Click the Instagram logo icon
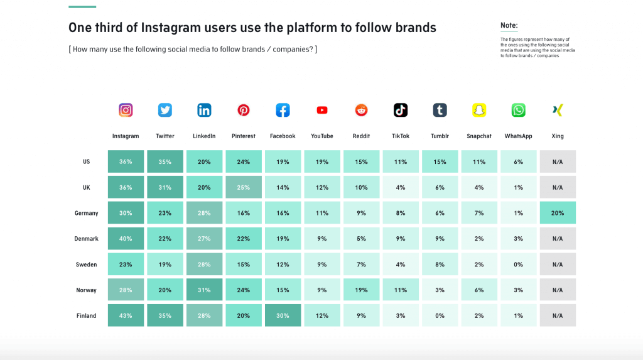click(126, 110)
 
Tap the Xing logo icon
click(558, 110)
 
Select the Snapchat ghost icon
click(479, 110)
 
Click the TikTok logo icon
click(401, 110)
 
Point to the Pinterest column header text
click(244, 136)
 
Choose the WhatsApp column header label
click(518, 136)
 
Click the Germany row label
click(87, 213)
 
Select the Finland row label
click(87, 315)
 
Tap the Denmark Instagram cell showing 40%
click(126, 239)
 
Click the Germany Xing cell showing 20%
click(558, 213)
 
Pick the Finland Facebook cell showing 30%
click(283, 315)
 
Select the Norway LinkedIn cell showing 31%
click(204, 290)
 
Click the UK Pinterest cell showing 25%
click(244, 187)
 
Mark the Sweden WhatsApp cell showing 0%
click(518, 265)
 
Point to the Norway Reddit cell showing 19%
click(361, 290)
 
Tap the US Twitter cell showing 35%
click(165, 161)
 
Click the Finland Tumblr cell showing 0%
click(440, 315)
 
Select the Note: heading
click(509, 26)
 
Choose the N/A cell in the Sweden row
click(558, 265)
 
